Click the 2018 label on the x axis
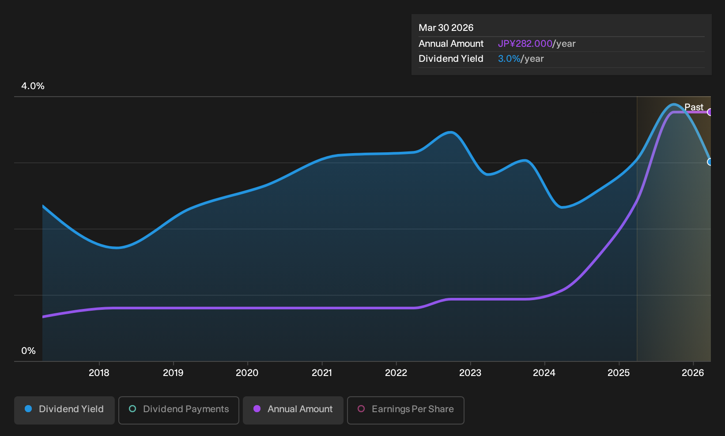(x=99, y=373)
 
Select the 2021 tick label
(x=322, y=373)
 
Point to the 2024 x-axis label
(x=544, y=373)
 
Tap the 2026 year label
(x=693, y=373)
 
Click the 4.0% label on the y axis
(x=33, y=86)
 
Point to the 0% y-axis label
(x=29, y=351)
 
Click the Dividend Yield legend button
(x=64, y=410)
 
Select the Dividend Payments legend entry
(x=179, y=410)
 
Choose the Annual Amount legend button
(x=293, y=410)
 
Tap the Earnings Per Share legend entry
(x=405, y=410)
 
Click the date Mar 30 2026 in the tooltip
(x=446, y=28)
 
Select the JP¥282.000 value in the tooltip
(x=525, y=44)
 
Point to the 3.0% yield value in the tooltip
(x=509, y=59)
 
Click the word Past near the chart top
(x=694, y=107)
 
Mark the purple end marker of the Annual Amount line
(x=710, y=112)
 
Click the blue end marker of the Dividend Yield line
(x=710, y=162)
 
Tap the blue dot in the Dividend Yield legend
(x=29, y=409)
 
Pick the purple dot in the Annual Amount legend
(x=257, y=409)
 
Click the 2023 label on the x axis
(x=470, y=373)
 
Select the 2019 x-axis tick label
(x=173, y=373)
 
